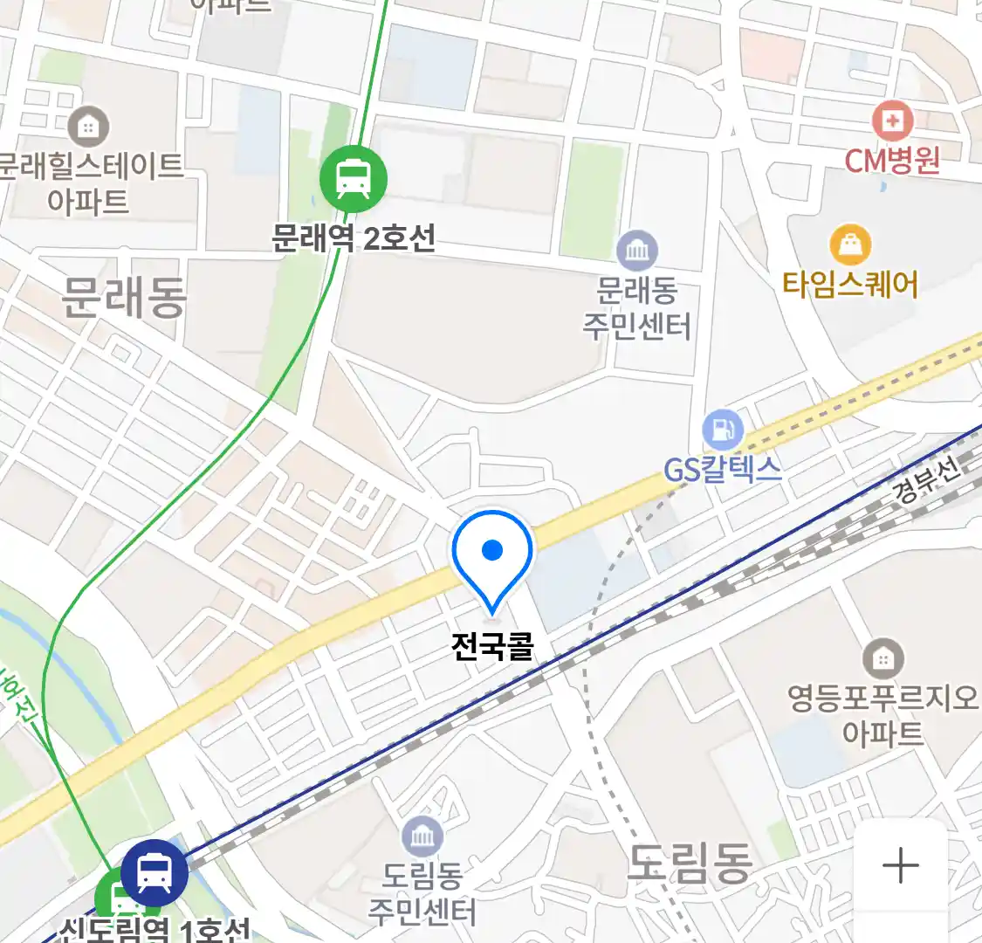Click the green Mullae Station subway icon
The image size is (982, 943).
pos(353,179)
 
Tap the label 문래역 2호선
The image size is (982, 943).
pos(354,237)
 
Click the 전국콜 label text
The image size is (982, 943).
pos(492,646)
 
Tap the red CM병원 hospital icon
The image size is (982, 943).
pos(892,121)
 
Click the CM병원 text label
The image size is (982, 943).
pos(892,161)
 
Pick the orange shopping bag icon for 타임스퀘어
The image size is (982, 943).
pos(850,245)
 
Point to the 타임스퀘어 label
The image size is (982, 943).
pos(850,285)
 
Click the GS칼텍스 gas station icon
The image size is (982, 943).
pos(723,430)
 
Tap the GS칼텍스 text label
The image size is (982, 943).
pos(723,470)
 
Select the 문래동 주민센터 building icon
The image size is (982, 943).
pos(637,251)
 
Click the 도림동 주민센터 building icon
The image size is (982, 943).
pos(422,837)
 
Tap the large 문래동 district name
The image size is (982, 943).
pos(124,298)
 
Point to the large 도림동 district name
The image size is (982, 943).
pos(690,864)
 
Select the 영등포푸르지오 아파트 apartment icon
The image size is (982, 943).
pos(882,659)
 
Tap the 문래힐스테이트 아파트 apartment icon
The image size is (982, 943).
pos(88,127)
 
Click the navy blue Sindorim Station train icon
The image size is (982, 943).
pos(155,871)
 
